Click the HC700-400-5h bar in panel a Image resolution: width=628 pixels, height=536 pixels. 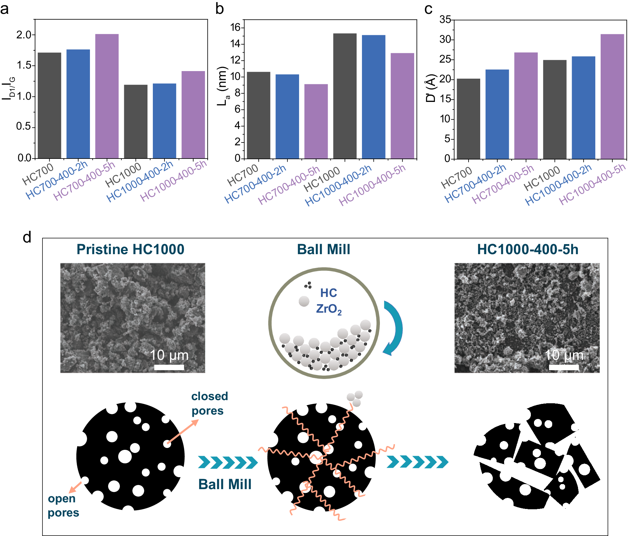(107, 96)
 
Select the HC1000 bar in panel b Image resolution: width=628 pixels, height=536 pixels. (345, 96)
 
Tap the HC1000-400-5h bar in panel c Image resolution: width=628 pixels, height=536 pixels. (612, 96)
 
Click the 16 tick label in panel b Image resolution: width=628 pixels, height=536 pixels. (236, 27)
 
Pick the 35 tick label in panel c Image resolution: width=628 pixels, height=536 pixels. (445, 20)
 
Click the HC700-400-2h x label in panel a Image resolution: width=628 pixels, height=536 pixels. (57, 180)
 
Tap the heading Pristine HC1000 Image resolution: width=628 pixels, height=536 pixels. (131, 249)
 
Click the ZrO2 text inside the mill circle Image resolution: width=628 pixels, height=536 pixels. (329, 309)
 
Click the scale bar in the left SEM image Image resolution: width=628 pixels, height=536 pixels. (169, 367)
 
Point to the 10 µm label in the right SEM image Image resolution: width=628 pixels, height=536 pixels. (564, 355)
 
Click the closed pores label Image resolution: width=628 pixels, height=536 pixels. (209, 403)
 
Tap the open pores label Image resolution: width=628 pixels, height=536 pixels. (63, 505)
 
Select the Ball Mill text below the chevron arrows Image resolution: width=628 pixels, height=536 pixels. (225, 484)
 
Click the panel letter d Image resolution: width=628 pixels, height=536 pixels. (27, 237)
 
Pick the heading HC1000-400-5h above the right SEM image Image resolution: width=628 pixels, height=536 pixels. (527, 249)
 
